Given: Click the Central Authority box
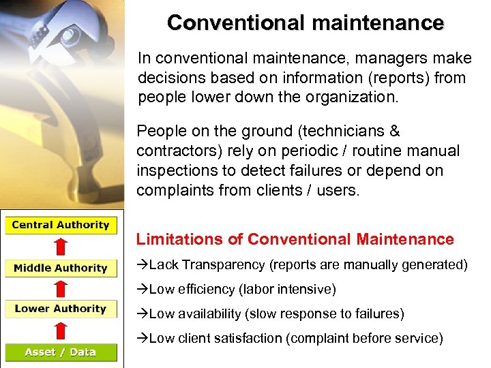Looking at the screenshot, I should coord(61,226).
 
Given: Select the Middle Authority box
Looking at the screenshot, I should coord(61,268).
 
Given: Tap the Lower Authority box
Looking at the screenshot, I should coord(61,309).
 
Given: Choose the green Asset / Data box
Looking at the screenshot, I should coord(61,352).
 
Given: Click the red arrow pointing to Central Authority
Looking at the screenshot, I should coord(61,246).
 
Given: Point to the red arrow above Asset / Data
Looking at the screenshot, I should coord(61,331).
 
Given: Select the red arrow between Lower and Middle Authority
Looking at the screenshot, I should coord(61,288).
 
